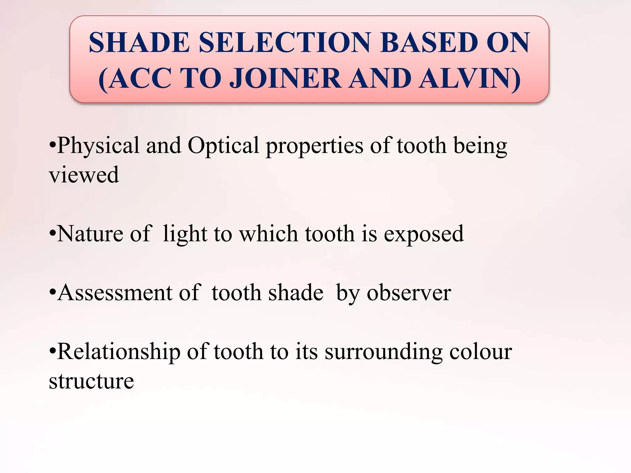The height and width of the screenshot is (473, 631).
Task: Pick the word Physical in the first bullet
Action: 98,145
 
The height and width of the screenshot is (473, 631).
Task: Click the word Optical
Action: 223,145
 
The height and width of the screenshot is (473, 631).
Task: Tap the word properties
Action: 314,145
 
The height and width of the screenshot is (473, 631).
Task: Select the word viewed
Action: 84,175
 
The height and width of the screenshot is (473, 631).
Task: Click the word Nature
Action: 90,234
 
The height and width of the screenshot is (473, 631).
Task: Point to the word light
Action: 185,234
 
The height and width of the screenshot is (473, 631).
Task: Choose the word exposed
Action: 424,234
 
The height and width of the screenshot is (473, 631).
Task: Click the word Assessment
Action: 115,293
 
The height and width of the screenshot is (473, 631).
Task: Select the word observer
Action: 409,293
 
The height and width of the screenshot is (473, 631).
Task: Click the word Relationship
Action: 119,351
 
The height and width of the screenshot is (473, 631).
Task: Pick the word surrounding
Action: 383,351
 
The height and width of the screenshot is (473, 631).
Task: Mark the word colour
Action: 481,351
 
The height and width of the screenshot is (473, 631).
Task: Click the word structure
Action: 92,381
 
